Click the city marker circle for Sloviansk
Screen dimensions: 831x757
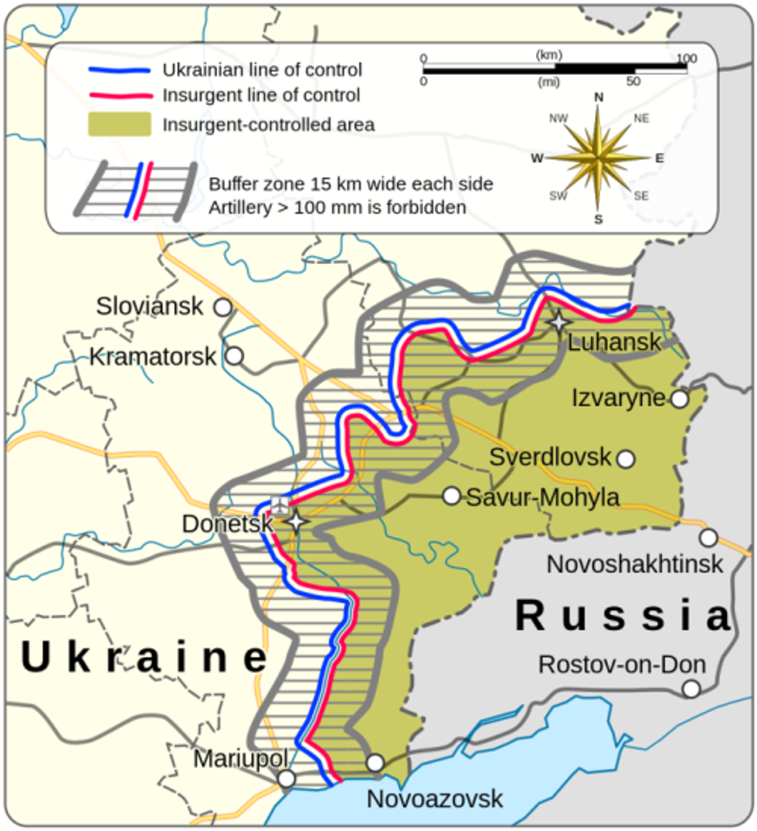click(222, 307)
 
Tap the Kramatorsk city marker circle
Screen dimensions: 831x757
click(234, 356)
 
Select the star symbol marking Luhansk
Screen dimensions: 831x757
click(558, 321)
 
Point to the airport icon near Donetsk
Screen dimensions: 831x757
click(279, 505)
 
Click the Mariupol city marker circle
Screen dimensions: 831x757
click(287, 778)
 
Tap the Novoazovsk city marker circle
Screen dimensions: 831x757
click(375, 763)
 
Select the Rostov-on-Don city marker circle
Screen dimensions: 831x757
click(691, 688)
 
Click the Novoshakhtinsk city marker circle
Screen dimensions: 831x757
click(708, 538)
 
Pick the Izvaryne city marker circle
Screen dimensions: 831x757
click(679, 399)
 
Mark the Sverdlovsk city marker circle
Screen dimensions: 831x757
click(626, 459)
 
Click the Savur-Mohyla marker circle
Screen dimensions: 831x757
click(452, 496)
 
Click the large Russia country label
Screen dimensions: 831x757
click(623, 616)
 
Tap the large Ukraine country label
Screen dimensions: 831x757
click(144, 657)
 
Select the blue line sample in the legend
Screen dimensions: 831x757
click(119, 70)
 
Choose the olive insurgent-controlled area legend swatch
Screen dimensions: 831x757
click(119, 124)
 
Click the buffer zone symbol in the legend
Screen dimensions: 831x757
click(136, 191)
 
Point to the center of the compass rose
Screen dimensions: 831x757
click(598, 158)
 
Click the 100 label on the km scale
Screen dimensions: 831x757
click(686, 59)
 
